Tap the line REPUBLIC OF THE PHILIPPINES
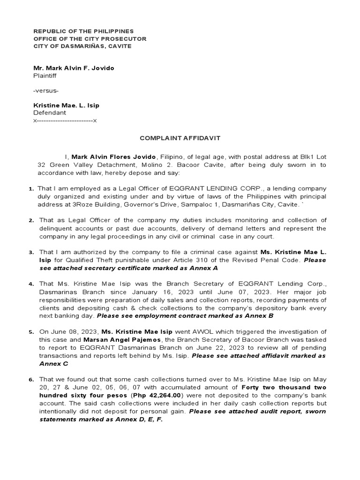(83, 30)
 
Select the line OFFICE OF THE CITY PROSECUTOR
(90, 38)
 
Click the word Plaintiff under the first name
(46, 75)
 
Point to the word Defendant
(49, 113)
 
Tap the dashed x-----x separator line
(65, 120)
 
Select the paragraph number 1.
(30, 189)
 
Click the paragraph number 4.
(30, 285)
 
